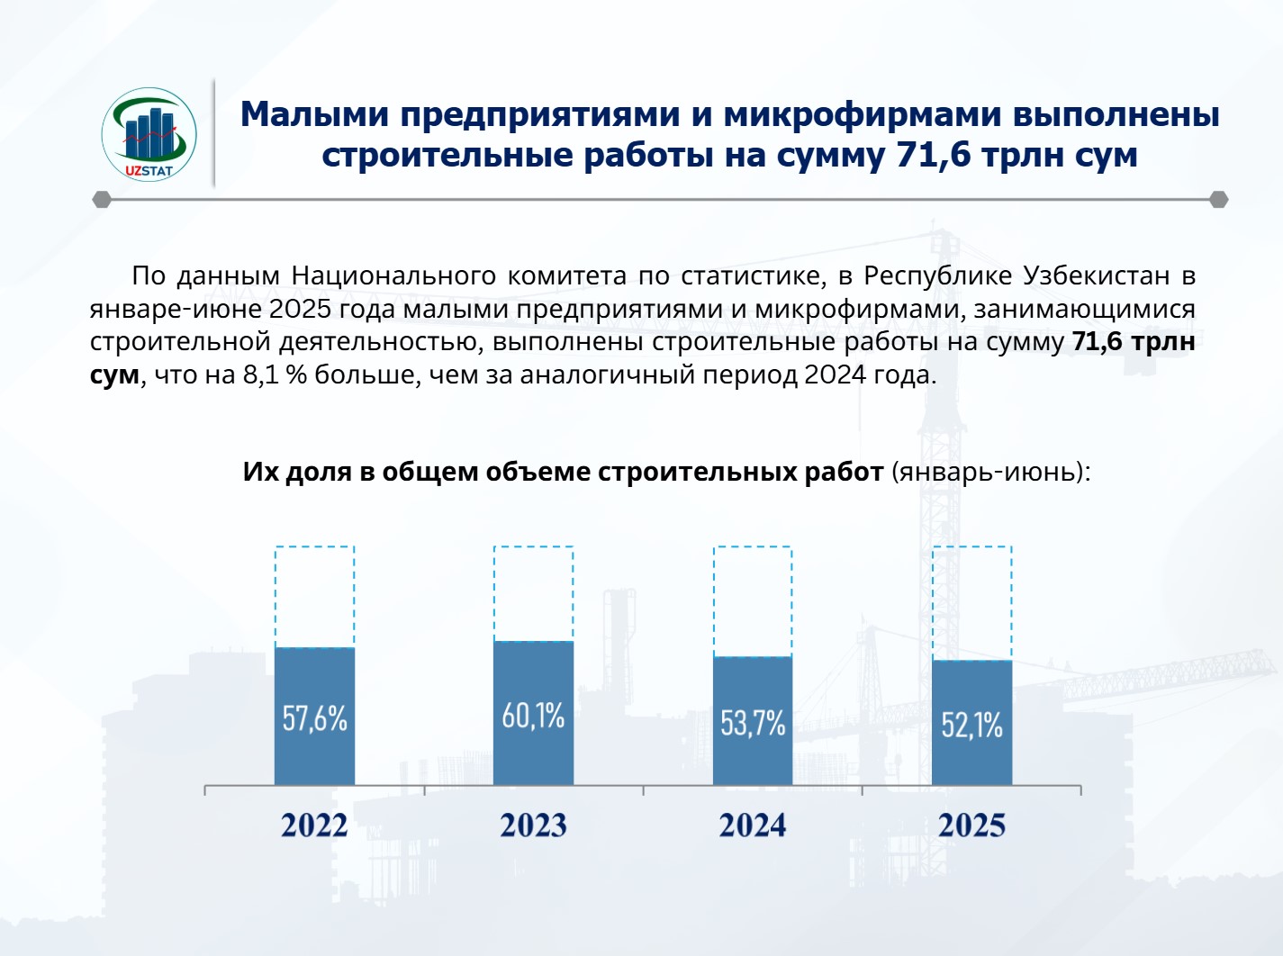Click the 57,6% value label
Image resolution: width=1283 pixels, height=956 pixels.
pos(314,718)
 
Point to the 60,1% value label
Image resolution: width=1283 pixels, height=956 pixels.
pos(533,717)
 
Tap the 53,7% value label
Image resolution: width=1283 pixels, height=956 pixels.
pos(753,723)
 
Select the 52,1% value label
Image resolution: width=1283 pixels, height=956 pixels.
pos(971,725)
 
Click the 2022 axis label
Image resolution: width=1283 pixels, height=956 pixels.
pos(314,825)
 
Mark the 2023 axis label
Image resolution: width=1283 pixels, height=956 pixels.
pos(533,825)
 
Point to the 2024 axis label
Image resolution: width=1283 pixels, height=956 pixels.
pos(753,825)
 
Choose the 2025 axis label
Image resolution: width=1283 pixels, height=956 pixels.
pos(971,825)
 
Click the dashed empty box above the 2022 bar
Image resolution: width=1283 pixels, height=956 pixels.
pos(314,596)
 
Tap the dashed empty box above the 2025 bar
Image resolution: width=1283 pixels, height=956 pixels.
pos(971,602)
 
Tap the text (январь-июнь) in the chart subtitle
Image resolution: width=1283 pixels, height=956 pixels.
pos(990,472)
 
